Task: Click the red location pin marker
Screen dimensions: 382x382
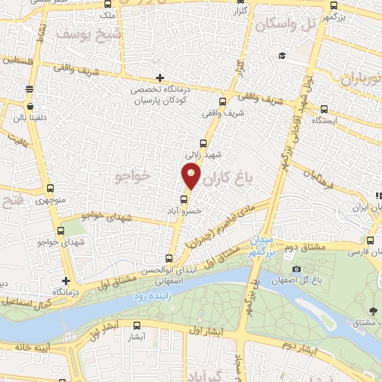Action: pyautogui.click(x=191, y=176)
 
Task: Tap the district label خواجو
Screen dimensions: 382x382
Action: pyautogui.click(x=134, y=175)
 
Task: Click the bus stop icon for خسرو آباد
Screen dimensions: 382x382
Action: pyautogui.click(x=184, y=199)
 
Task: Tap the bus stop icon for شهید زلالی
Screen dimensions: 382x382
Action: pyautogui.click(x=204, y=143)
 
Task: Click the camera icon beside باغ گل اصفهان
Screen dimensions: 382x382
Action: pyautogui.click(x=296, y=269)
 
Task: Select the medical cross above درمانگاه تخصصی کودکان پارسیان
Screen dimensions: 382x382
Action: pyautogui.click(x=160, y=78)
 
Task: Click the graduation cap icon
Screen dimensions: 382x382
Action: pyautogui.click(x=281, y=56)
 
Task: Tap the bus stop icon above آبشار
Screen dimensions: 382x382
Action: pyautogui.click(x=136, y=325)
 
